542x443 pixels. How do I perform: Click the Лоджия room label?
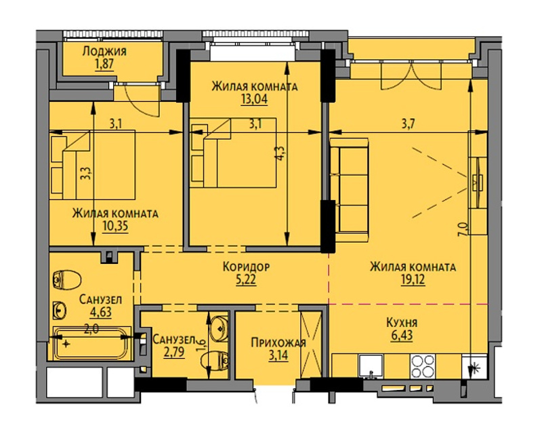pyautogui.click(x=104, y=51)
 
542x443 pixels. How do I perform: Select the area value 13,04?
pyautogui.click(x=255, y=99)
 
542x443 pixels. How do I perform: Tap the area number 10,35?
pyautogui.click(x=115, y=226)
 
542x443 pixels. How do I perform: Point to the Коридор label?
pyautogui.click(x=246, y=267)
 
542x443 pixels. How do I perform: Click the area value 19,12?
pyautogui.click(x=413, y=280)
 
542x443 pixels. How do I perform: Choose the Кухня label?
pyautogui.click(x=402, y=322)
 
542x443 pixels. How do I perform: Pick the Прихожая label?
pyautogui.click(x=278, y=343)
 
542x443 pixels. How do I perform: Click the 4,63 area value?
pyautogui.click(x=100, y=312)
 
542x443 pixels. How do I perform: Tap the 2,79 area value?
pyautogui.click(x=174, y=352)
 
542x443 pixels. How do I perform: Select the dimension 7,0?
pyautogui.click(x=463, y=229)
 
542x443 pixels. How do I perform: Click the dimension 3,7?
pyautogui.click(x=409, y=123)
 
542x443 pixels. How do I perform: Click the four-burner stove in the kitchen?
pyautogui.click(x=422, y=366)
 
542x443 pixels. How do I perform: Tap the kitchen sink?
pyautogui.click(x=371, y=366)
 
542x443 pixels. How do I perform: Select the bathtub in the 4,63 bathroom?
pyautogui.click(x=91, y=343)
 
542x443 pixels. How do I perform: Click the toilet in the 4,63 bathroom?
pyautogui.click(x=67, y=280)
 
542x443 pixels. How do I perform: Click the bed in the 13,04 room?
pyautogui.click(x=233, y=153)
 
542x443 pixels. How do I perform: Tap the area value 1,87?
pyautogui.click(x=104, y=64)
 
